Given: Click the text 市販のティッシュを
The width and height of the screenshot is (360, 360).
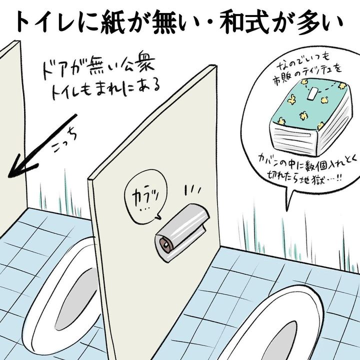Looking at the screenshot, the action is coord(307,73).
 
